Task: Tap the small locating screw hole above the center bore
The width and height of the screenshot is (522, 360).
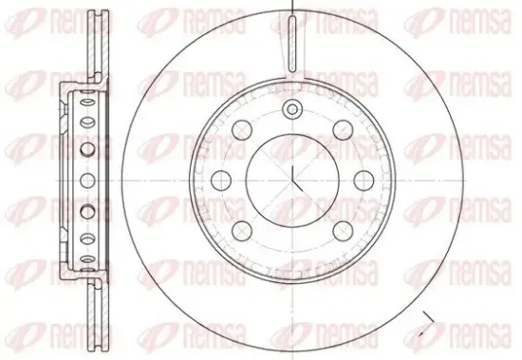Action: point(292,109)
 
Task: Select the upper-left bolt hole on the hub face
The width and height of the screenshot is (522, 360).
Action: point(242,130)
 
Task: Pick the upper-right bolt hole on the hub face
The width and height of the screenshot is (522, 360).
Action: point(343,130)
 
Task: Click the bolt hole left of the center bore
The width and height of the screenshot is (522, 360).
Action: point(221,180)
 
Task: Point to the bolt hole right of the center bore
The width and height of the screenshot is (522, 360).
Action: point(364,180)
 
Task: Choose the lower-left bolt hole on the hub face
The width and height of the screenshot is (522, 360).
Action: point(242,231)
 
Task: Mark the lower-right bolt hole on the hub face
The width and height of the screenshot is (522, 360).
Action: point(343,231)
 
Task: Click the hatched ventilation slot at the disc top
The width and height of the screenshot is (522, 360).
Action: point(292,44)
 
